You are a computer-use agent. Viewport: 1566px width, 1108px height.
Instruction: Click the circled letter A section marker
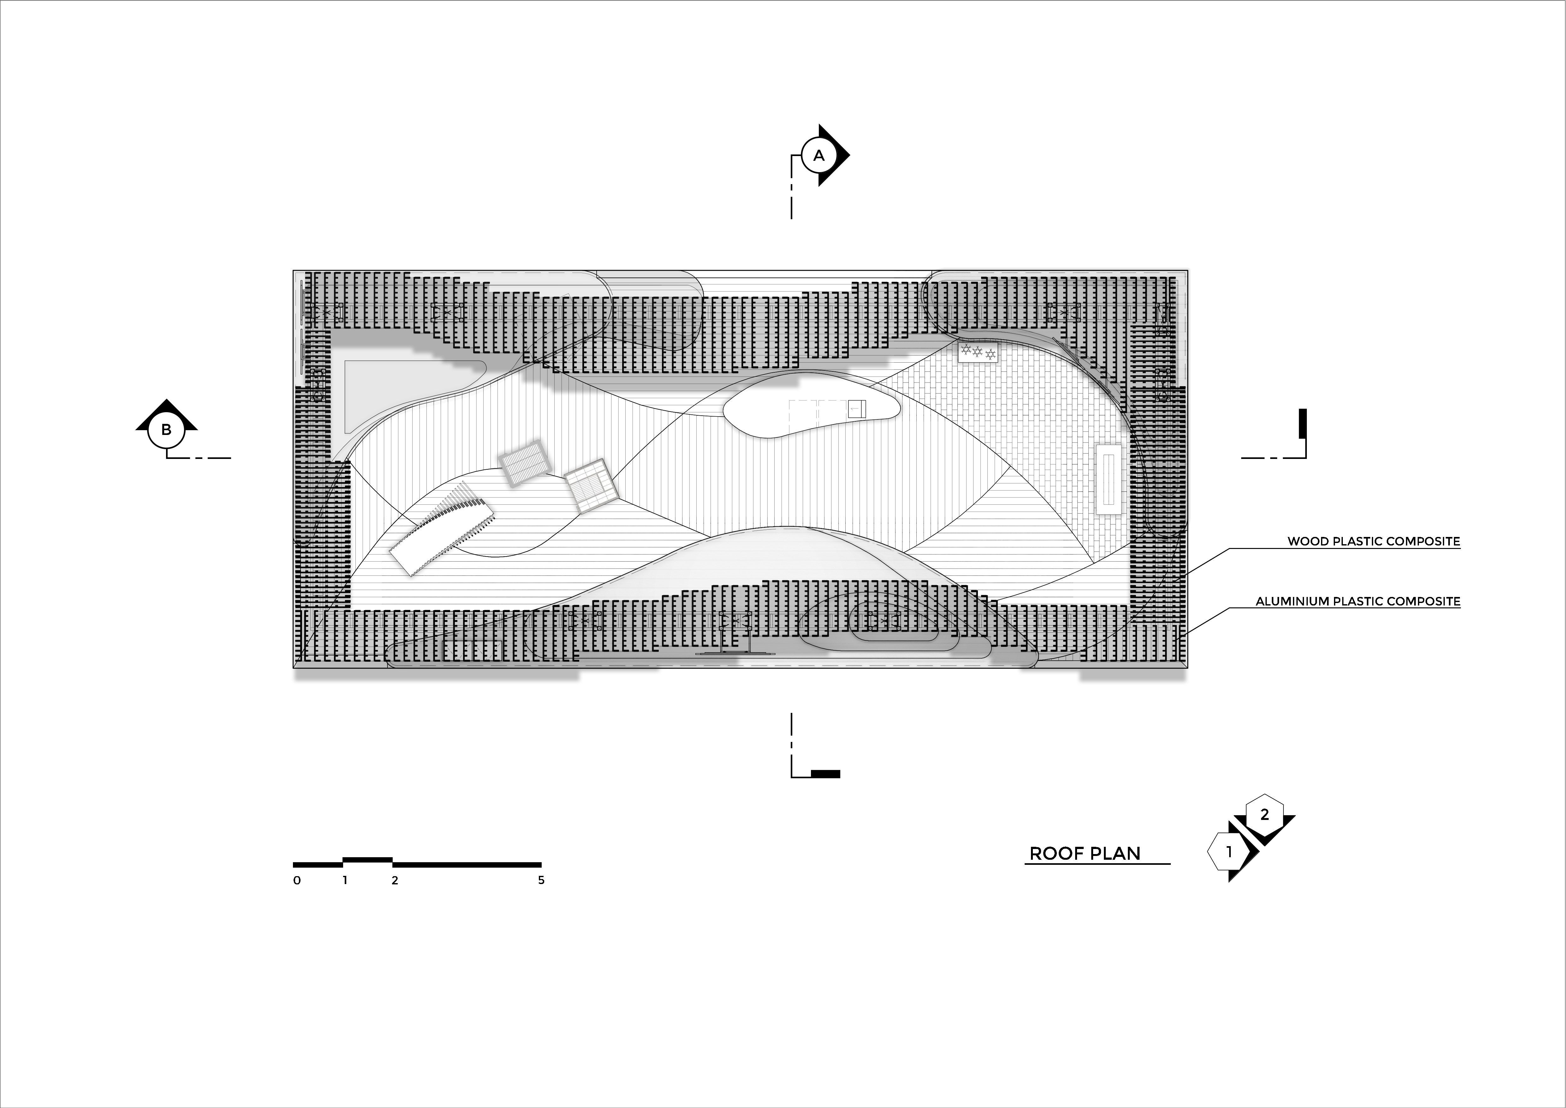(x=819, y=156)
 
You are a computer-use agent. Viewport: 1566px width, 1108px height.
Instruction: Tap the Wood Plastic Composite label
(x=1374, y=542)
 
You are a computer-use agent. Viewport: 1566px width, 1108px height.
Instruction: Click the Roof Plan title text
(x=1085, y=853)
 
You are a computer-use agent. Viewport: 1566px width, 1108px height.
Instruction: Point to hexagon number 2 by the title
(x=1265, y=814)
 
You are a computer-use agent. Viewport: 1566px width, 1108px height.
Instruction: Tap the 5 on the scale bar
(x=541, y=880)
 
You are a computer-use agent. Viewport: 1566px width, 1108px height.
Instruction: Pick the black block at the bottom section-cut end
(x=825, y=774)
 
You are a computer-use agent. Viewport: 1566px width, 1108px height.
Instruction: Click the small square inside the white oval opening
(x=857, y=409)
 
